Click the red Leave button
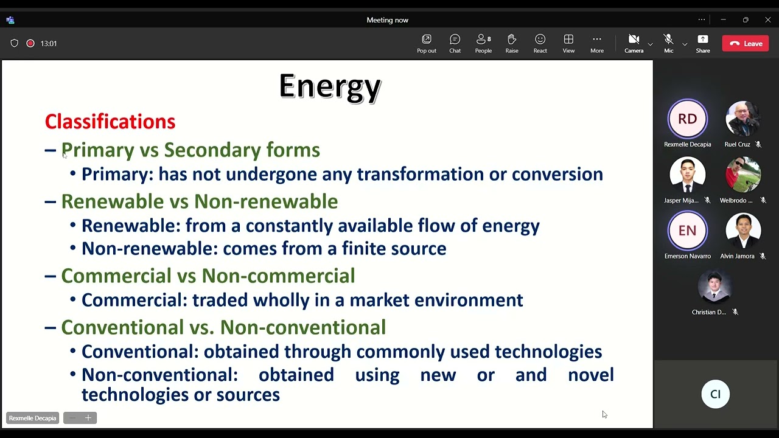745,43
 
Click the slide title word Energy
330,86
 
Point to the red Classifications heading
110,122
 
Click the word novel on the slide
590,375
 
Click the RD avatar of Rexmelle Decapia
687,119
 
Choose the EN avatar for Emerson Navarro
687,231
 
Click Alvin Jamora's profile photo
743,231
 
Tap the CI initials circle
715,394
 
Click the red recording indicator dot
30,43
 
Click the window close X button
767,20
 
